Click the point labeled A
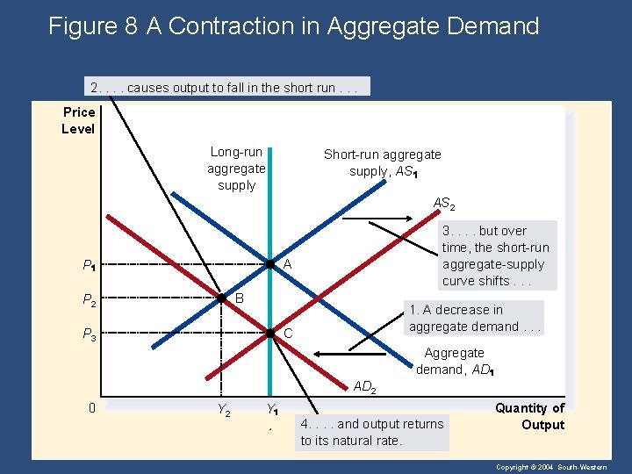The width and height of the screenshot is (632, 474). coord(271,264)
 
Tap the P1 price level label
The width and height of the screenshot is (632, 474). coord(89,265)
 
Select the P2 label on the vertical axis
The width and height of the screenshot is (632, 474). coord(89,300)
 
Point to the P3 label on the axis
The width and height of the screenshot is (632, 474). coord(89,334)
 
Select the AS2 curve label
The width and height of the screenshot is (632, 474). coord(443,204)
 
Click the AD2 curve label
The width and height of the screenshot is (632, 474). coord(364,387)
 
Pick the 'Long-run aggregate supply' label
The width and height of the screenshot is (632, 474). coord(236,169)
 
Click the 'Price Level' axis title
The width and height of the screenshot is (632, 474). coord(78,120)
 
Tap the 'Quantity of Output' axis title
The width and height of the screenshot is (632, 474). coord(530,416)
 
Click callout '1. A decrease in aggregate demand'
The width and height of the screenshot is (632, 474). coord(475,318)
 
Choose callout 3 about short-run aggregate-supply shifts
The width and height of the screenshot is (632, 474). coord(495,255)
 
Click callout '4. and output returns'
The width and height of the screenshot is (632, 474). coord(372,432)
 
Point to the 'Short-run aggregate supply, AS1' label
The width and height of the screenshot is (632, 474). coord(382,162)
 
